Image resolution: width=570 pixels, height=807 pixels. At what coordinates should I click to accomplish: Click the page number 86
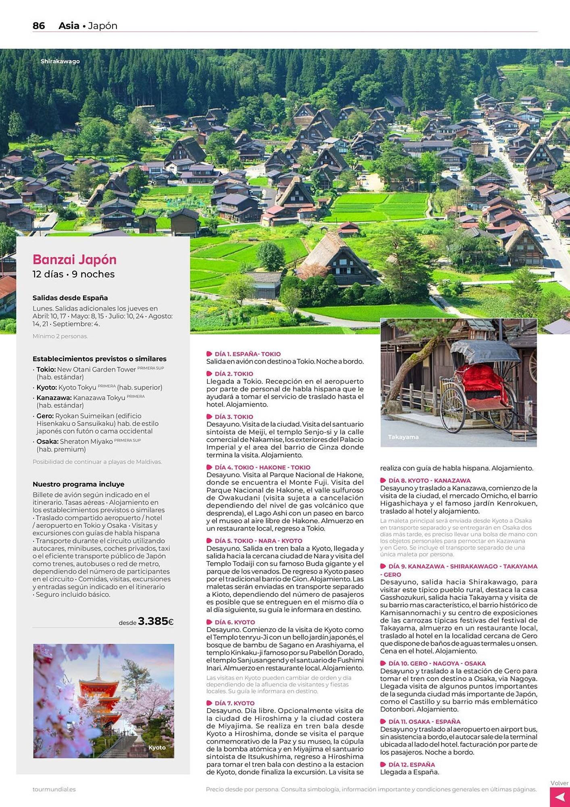[x=39, y=26]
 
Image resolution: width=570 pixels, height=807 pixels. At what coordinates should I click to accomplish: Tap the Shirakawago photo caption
[x=60, y=61]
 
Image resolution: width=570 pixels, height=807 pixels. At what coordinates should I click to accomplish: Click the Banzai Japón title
[x=75, y=259]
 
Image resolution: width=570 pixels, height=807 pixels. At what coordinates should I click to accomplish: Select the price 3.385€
[x=155, y=621]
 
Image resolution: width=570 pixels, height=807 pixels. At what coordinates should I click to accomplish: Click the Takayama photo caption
[x=403, y=437]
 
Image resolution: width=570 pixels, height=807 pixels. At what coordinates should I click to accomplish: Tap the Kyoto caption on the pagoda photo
[x=157, y=747]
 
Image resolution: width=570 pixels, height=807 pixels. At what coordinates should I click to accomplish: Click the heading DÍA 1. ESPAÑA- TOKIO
[x=248, y=354]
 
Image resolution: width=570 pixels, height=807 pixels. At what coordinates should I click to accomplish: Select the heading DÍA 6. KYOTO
[x=235, y=622]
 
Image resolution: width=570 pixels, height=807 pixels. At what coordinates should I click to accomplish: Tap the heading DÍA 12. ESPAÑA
[x=412, y=765]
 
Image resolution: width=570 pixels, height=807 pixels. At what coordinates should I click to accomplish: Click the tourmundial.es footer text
[x=54, y=789]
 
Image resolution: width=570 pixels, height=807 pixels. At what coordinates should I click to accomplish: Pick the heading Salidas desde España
[x=70, y=298]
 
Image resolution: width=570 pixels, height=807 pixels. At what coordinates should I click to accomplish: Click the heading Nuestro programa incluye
[x=78, y=484]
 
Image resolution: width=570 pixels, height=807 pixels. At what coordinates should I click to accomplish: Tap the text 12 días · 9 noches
[x=74, y=274]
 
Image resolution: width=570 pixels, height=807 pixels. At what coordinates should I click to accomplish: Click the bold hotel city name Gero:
[x=45, y=416]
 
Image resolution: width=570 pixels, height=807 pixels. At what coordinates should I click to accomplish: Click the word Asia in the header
[x=69, y=26]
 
